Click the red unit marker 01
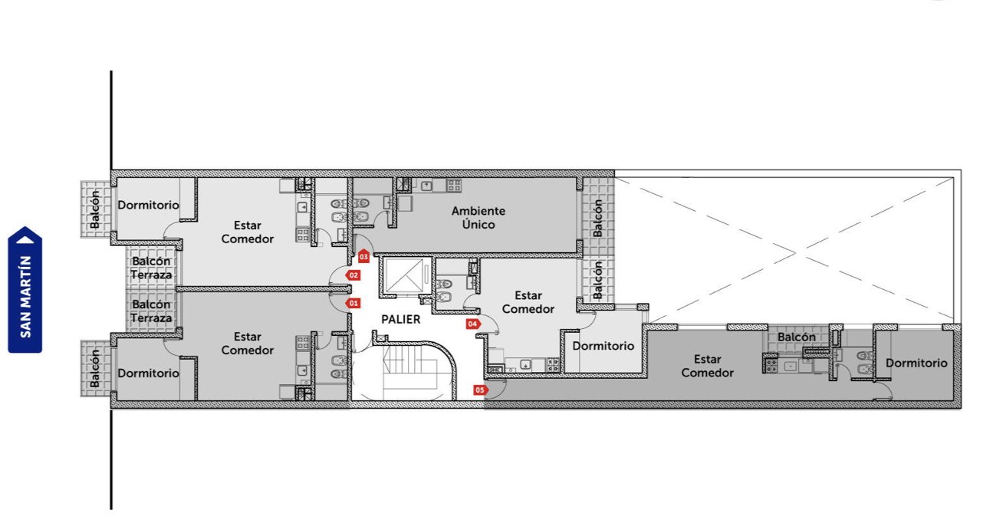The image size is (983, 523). pos(353,303)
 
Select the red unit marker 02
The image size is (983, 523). pos(353,275)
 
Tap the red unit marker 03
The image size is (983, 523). pos(363,256)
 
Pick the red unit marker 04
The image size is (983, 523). pos(473,324)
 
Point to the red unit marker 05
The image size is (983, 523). pos(481,390)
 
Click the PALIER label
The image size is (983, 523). pos(401,320)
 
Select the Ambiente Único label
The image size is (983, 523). pos(478,218)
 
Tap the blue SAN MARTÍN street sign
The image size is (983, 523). pos(25,290)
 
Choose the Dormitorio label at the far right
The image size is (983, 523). pos(916,363)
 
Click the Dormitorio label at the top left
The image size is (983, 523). pos(148,205)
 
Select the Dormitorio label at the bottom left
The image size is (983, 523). pos(148,373)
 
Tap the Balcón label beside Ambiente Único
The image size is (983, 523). pos(597,218)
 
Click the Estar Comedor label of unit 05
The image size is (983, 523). pos(708,366)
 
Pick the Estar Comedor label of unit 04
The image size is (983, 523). pos(528,302)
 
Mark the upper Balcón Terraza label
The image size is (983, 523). pos(151,268)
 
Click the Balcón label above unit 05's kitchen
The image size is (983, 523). pos(797,337)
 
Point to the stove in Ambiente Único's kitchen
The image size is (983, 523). pos(454,185)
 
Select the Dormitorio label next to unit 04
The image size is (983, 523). pos(603,346)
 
